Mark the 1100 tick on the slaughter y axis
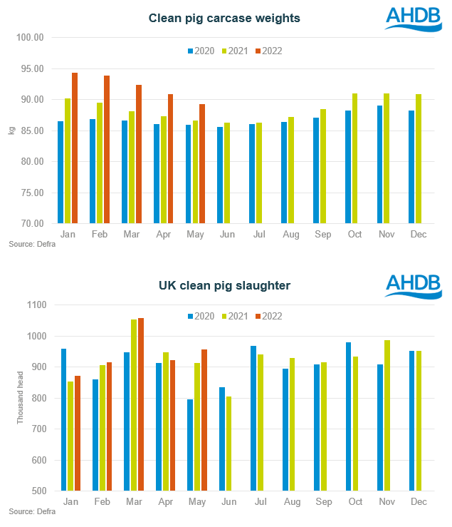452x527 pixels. tap(36, 305)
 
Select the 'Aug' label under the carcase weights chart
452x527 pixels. tap(291, 234)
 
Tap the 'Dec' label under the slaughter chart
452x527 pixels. tap(419, 502)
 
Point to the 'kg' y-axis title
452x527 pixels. tap(11, 131)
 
